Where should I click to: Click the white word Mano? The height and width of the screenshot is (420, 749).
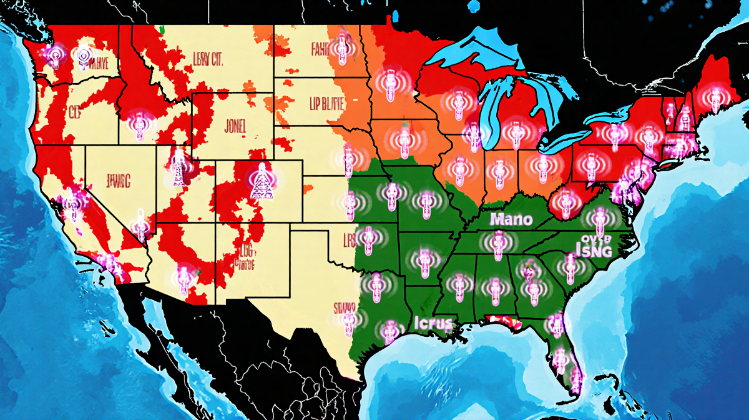[511, 219]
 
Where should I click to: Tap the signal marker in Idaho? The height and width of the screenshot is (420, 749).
[138, 125]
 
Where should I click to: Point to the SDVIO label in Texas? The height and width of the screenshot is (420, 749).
[345, 307]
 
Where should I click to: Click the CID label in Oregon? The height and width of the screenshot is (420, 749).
[75, 113]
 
